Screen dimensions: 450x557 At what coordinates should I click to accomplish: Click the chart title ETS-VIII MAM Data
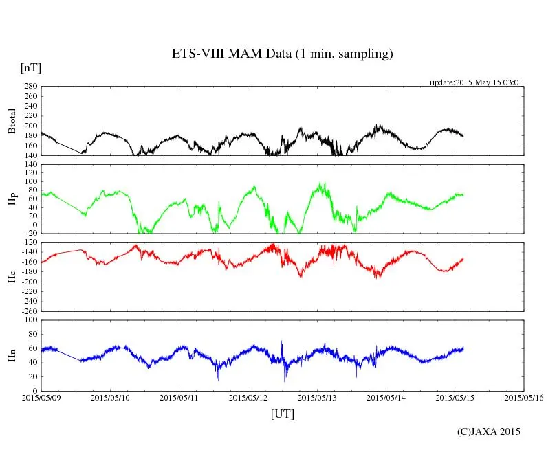282,54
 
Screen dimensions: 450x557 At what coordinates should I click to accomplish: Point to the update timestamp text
477,82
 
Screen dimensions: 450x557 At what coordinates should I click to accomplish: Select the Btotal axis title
12,121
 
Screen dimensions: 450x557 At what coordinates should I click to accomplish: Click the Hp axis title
12,199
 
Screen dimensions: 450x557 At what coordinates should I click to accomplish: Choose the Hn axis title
12,355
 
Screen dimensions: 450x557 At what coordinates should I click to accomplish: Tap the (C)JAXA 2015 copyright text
489,431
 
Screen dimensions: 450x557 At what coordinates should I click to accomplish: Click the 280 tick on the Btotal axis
30,87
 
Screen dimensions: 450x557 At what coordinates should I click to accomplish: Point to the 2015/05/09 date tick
41,397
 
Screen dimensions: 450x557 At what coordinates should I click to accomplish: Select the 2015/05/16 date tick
524,397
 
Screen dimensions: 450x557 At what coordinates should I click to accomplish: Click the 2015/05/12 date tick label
248,397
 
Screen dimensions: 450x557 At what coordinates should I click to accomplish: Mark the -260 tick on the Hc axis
28,311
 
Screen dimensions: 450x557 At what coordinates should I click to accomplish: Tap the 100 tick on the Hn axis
30,319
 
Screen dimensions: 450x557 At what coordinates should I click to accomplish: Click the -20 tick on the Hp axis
30,234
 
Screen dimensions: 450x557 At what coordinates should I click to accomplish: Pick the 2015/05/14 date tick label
386,397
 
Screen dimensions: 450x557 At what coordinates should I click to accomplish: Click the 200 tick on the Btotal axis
30,126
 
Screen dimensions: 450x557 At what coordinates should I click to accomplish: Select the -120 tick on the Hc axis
28,243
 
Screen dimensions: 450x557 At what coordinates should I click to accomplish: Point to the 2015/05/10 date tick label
110,397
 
